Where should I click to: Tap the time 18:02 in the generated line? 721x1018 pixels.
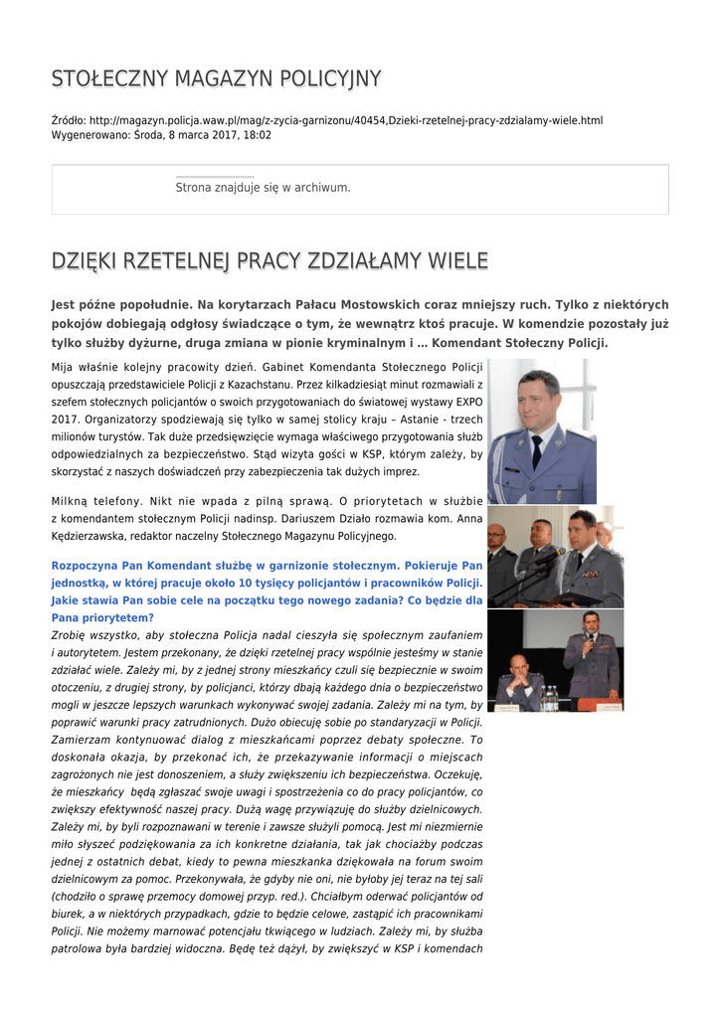[x=258, y=134]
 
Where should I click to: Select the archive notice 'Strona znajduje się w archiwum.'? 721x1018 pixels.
[x=263, y=187]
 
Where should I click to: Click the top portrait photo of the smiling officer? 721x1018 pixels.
[x=541, y=430]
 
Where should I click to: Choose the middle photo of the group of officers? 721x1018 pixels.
[x=555, y=557]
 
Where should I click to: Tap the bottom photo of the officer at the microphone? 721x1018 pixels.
[x=555, y=660]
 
